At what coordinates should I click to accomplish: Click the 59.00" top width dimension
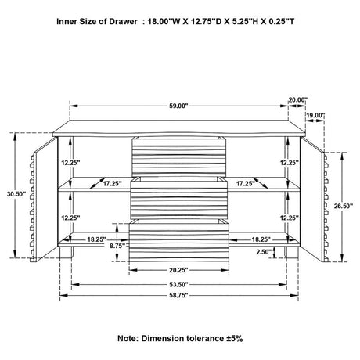point(178,106)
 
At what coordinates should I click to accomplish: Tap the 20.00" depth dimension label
point(298,99)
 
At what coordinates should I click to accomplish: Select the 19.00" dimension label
point(315,115)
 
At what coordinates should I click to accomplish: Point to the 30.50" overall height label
point(16,194)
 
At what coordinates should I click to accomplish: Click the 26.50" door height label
point(344,206)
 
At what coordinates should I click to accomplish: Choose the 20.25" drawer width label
point(178,270)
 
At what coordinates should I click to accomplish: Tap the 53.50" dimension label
point(178,284)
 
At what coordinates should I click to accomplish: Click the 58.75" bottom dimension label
point(178,295)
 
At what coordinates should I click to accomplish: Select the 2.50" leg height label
point(264,252)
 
